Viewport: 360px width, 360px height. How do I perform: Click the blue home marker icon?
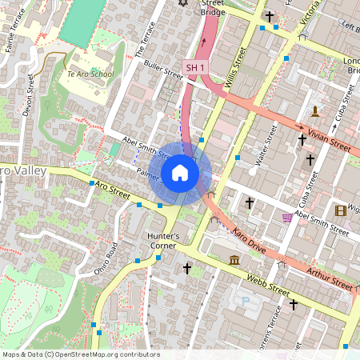(180, 173)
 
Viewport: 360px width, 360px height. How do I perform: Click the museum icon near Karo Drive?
(234, 260)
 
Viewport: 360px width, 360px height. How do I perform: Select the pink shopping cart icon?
(286, 218)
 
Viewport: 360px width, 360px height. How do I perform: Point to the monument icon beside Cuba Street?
(317, 110)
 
